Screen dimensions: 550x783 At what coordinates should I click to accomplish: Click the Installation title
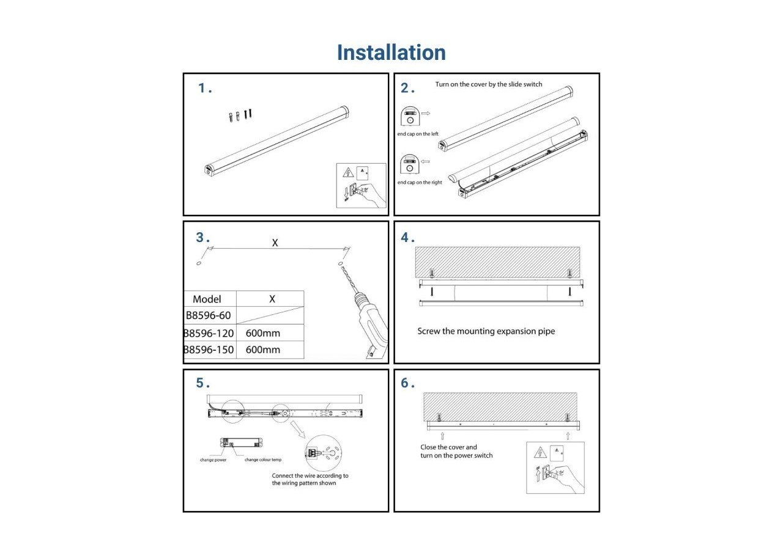(x=391, y=53)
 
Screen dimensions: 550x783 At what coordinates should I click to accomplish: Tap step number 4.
(x=407, y=238)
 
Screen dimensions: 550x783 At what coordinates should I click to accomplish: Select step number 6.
(x=407, y=383)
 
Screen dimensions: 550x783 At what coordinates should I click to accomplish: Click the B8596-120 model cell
(x=209, y=334)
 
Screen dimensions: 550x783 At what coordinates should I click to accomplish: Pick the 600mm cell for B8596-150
(x=263, y=350)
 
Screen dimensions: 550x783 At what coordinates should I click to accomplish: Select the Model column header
(x=207, y=299)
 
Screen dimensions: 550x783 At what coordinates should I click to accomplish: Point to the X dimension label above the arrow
(x=275, y=243)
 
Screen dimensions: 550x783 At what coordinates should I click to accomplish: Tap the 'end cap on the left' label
(x=418, y=134)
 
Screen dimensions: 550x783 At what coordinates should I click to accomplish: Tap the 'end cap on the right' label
(x=420, y=183)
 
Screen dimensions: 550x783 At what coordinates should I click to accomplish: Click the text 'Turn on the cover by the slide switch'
(x=488, y=84)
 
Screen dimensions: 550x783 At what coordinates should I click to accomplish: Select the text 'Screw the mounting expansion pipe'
(x=486, y=331)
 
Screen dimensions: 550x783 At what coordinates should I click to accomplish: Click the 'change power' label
(x=213, y=460)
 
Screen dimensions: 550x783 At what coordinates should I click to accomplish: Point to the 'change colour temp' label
(x=264, y=460)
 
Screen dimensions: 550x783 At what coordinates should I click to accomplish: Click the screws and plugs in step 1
(x=240, y=116)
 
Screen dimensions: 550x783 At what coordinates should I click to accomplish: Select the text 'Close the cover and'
(x=448, y=447)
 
